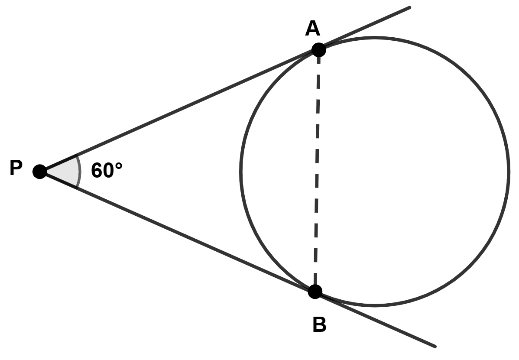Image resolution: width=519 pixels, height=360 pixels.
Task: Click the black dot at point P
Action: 39,172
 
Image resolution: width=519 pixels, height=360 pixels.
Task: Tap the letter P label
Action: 16,169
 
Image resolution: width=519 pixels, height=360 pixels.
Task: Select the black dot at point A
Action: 318,50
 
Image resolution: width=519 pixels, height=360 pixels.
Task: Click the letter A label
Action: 312,29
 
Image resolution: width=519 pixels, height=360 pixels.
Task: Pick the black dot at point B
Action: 315,291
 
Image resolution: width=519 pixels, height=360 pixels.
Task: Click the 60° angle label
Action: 107,171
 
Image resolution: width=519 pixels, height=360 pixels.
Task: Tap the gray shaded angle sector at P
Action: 65,172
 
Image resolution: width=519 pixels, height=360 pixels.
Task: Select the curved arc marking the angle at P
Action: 79,172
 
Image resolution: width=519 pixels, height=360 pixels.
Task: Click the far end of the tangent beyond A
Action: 409,7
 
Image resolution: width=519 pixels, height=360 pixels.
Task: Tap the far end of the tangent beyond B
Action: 434,346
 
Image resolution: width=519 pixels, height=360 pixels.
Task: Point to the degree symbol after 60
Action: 119,165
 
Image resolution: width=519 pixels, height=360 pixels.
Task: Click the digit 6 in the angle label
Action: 97,171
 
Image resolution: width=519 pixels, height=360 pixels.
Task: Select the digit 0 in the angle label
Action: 108,171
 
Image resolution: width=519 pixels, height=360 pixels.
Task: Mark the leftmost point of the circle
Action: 241,172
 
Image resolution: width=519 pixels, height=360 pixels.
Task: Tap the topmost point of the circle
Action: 374,38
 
